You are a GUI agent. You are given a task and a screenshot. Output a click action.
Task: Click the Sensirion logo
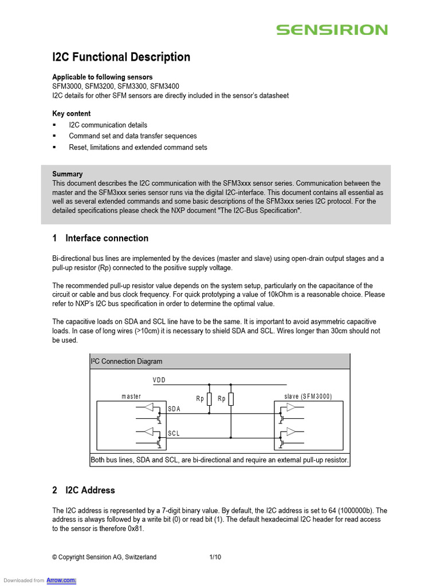332,30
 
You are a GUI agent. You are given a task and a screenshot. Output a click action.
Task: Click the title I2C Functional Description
121,57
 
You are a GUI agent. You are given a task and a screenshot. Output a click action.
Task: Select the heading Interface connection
107,238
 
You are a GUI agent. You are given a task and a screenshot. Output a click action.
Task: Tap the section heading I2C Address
90,490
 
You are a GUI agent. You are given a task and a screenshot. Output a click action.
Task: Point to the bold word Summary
67,174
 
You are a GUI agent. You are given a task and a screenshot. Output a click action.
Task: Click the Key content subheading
71,113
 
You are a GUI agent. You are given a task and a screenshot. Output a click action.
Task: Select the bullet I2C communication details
108,125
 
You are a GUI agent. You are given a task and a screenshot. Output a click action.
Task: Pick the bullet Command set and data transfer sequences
132,136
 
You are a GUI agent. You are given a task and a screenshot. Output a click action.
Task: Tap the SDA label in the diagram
174,409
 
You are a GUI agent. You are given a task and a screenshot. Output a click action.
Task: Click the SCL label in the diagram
174,434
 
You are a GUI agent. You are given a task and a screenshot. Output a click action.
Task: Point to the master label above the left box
131,397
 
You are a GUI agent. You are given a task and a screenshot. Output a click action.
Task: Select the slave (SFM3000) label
308,397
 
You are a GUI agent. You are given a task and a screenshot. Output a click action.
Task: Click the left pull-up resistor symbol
209,399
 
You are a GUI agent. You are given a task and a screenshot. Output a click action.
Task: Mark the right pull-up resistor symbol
231,399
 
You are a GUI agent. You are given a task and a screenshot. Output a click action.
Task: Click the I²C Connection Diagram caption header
127,361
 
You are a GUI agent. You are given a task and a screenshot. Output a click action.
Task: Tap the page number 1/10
215,557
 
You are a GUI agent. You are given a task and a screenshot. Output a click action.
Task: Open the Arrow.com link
65,580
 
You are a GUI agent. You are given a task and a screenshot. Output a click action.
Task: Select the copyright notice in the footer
104,557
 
